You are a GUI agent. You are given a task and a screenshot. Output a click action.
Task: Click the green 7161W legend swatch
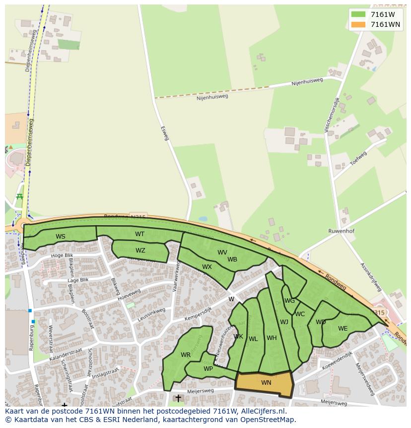357,14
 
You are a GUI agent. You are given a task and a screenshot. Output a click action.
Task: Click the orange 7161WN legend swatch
357,24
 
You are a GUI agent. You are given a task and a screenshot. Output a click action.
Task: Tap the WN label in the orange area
266,383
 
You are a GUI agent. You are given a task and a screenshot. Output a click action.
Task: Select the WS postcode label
61,237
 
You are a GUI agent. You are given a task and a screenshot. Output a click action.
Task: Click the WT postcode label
140,234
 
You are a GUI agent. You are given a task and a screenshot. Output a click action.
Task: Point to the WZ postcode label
140,251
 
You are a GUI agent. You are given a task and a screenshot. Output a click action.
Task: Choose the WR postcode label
186,355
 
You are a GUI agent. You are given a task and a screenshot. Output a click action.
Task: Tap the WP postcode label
208,369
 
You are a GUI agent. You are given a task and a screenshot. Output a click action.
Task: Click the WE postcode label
342,329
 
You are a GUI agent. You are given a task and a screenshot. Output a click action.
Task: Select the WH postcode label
272,338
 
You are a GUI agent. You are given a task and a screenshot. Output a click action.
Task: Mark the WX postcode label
207,267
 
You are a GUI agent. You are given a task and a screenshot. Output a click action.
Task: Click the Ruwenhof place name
341,231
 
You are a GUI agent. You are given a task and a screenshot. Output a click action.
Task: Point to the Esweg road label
165,133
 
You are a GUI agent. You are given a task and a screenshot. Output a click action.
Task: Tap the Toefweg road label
358,158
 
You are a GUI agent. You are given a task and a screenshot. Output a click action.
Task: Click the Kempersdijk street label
198,312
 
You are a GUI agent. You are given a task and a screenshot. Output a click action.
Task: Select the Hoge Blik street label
62,256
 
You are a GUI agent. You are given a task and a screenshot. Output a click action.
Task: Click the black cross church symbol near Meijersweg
178,398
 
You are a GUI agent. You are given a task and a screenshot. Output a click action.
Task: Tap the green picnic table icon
20,197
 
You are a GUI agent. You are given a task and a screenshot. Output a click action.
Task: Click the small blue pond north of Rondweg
203,219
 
